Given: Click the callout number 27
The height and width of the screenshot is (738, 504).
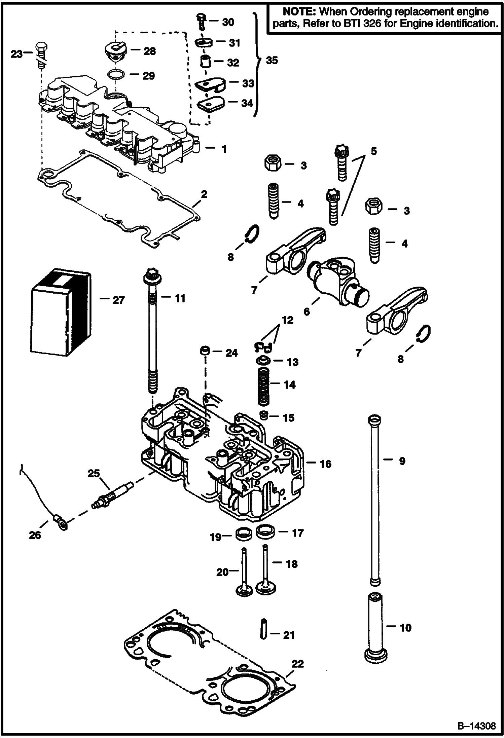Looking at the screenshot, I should tap(118, 300).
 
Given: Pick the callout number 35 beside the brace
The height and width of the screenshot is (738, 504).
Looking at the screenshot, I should tap(272, 61).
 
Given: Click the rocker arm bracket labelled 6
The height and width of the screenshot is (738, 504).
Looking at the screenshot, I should tap(338, 281).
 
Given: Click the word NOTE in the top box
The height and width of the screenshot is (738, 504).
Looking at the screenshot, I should tap(299, 12).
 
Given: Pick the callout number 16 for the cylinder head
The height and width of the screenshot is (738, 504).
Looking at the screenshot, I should tap(325, 464).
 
